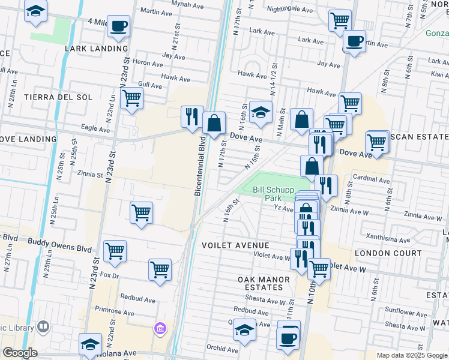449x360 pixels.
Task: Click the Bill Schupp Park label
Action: tap(267, 193)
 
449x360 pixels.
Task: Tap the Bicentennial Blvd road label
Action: tap(201, 166)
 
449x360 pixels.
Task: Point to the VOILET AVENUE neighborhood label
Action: tap(235, 245)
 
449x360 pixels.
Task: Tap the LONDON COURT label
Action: tap(388, 254)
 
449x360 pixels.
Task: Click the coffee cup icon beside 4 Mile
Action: tap(119, 26)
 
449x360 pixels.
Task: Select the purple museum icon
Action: tap(160, 329)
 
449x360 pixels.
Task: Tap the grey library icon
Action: tap(43, 327)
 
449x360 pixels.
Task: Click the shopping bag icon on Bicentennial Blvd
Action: tap(214, 124)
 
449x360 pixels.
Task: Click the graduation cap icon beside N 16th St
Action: tap(261, 112)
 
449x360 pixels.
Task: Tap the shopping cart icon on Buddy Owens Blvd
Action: tap(115, 251)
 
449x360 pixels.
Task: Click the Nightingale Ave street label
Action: tap(289, 10)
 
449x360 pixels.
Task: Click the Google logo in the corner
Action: tap(20, 353)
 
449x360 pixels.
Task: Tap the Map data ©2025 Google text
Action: tap(411, 355)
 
